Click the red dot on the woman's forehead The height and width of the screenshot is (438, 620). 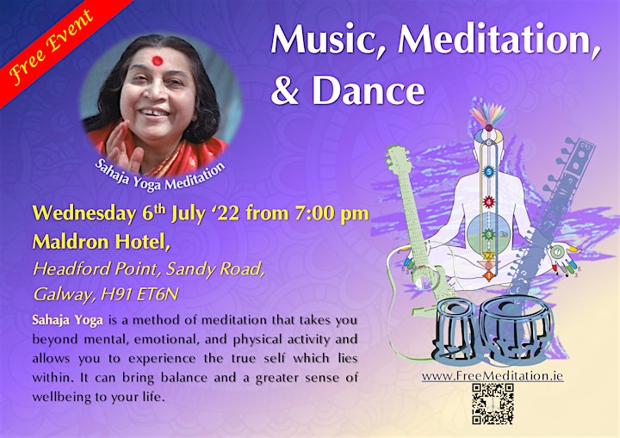pyautogui.click(x=157, y=60)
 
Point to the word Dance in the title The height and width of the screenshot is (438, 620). pyautogui.click(x=369, y=90)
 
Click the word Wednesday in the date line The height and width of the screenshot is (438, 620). pyautogui.click(x=84, y=214)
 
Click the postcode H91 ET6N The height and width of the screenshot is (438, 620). pyautogui.click(x=139, y=294)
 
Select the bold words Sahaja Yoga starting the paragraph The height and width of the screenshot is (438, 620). pyautogui.click(x=68, y=320)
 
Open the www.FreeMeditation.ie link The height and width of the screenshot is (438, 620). pyautogui.click(x=493, y=376)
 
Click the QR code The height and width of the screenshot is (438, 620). pyautogui.click(x=493, y=404)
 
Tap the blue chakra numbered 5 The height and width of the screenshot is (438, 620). pyautogui.click(x=489, y=172)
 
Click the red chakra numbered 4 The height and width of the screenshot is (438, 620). pyautogui.click(x=489, y=202)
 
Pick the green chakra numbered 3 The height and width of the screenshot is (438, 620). pyautogui.click(x=489, y=234)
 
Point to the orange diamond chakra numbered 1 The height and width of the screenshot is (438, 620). pyautogui.click(x=489, y=274)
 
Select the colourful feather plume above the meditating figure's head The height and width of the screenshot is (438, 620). pyautogui.click(x=489, y=115)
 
